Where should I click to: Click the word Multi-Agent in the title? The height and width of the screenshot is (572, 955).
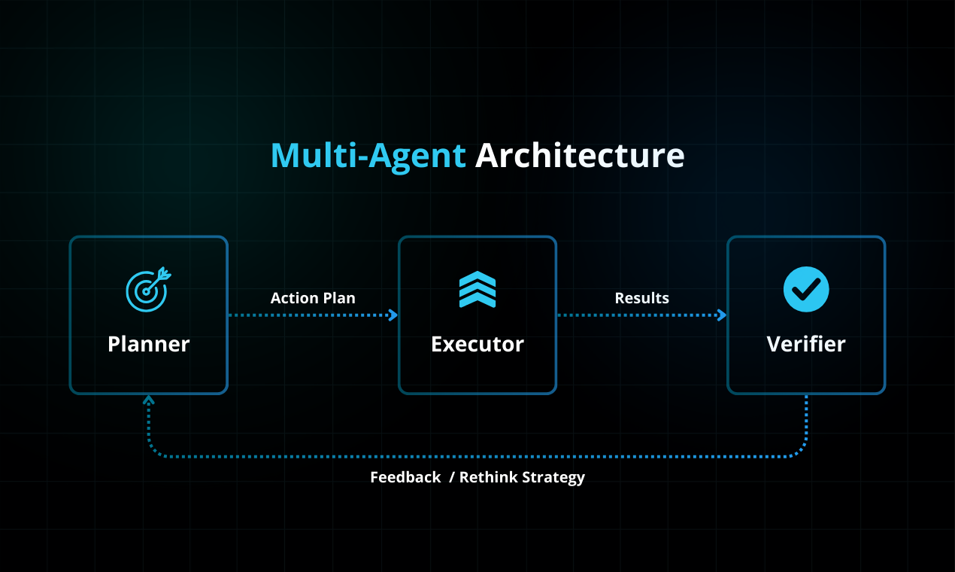[368, 156]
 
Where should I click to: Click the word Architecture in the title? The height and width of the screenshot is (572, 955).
[580, 156]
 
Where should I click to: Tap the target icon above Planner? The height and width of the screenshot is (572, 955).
[148, 290]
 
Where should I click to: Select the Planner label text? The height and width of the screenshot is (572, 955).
[148, 344]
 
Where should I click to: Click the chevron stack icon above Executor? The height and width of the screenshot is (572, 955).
[477, 290]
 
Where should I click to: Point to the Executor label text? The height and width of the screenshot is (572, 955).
[477, 344]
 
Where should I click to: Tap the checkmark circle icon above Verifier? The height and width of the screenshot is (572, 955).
[806, 289]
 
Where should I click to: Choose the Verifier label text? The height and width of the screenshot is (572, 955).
[806, 344]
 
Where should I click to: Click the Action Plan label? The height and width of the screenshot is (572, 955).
[313, 298]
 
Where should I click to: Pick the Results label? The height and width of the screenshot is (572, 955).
[641, 298]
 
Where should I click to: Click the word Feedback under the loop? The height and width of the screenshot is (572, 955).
[405, 477]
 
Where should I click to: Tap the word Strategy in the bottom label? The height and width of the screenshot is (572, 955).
[553, 477]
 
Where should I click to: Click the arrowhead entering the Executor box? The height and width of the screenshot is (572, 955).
[393, 315]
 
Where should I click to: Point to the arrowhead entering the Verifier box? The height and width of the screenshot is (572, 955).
[722, 315]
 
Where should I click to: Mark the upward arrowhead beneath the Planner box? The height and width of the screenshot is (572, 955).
[149, 400]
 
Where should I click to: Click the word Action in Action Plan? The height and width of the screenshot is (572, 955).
[295, 298]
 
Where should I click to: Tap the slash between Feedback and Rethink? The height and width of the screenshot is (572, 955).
[452, 477]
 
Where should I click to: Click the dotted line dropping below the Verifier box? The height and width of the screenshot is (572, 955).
[806, 421]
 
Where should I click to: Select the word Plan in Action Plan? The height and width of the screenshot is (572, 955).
[339, 298]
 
